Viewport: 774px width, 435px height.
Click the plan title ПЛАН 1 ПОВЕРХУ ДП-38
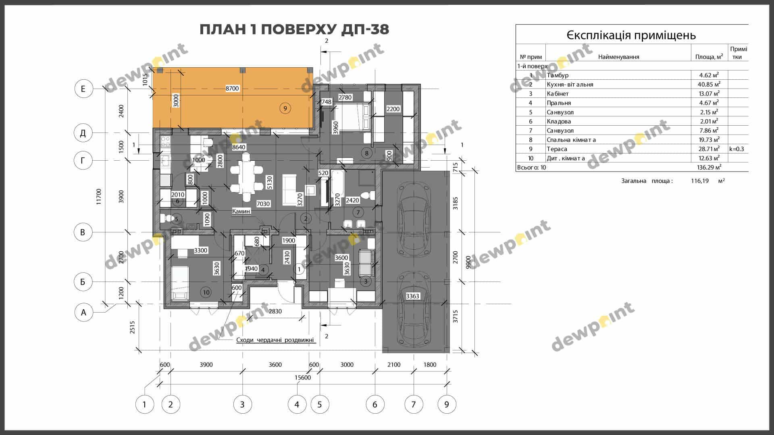pyautogui.click(x=294, y=29)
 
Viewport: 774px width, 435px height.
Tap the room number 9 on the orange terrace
pyautogui.click(x=285, y=108)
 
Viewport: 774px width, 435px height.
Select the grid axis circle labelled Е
pyautogui.click(x=83, y=89)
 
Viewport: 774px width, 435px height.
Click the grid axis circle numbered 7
pyautogui.click(x=413, y=404)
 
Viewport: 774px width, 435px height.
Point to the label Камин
pyautogui.click(x=241, y=211)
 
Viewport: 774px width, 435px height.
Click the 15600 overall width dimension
pyautogui.click(x=303, y=377)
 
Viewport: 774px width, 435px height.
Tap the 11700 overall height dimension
pyautogui.click(x=99, y=197)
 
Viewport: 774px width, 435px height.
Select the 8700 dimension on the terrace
pyautogui.click(x=232, y=89)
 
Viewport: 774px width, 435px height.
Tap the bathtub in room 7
pyautogui.click(x=337, y=188)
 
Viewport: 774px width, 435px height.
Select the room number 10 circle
pyautogui.click(x=206, y=292)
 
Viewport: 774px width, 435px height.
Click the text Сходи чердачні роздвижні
pyautogui.click(x=275, y=340)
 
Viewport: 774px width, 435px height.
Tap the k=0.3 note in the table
pyautogui.click(x=737, y=149)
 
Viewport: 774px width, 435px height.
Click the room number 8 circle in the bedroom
pyautogui.click(x=366, y=153)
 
